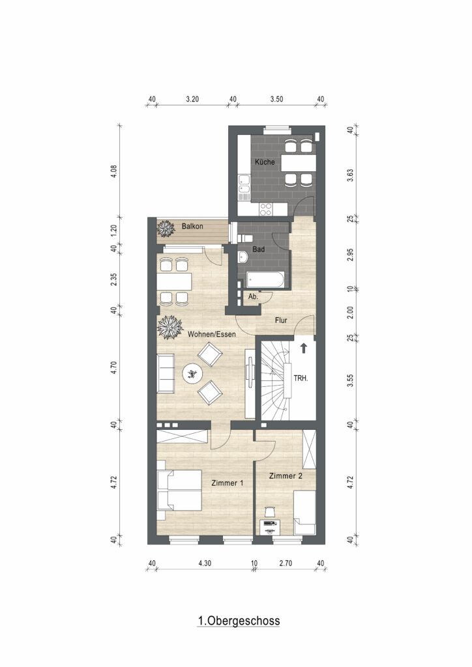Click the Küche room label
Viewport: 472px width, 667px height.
265,162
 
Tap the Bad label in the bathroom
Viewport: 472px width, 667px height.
258,249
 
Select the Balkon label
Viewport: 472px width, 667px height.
192,226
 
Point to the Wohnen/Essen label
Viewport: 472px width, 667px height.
211,334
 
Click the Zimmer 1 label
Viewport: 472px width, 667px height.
228,483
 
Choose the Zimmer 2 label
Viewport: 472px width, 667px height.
286,475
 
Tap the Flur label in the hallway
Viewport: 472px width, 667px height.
281,320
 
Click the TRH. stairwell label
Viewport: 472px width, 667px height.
301,378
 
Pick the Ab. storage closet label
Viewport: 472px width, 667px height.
253,297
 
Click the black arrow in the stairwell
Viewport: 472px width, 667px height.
303,348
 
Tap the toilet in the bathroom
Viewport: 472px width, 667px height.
246,238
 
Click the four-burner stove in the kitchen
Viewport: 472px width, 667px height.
266,208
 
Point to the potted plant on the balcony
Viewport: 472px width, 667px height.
166,228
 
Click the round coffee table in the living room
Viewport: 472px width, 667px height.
193,374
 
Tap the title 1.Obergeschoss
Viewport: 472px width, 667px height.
239,621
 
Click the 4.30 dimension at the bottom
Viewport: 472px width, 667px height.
204,563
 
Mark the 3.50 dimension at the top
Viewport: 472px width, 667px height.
276,99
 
